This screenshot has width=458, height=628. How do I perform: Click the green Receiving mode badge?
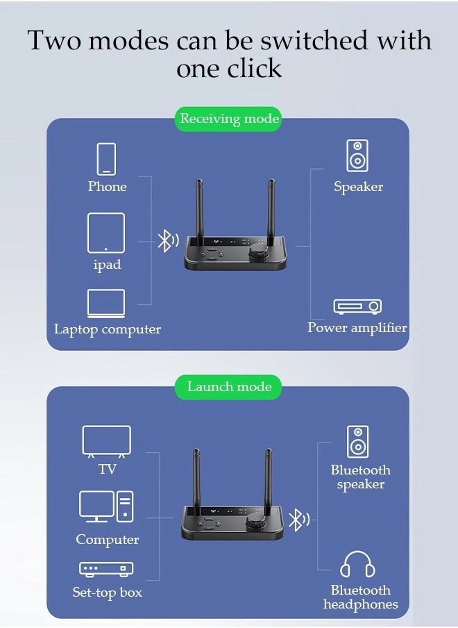pyautogui.click(x=229, y=119)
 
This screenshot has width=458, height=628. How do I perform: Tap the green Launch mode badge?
pyautogui.click(x=229, y=387)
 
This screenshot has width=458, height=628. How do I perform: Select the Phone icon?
pyautogui.click(x=106, y=158)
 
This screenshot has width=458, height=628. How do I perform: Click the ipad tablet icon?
pyautogui.click(x=106, y=233)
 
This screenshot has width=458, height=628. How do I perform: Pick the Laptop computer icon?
pyautogui.click(x=106, y=304)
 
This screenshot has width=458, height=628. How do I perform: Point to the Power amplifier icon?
pyautogui.click(x=357, y=306)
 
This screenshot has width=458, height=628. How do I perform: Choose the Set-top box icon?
pyautogui.click(x=106, y=569)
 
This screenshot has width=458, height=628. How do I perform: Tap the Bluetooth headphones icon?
pyautogui.click(x=358, y=564)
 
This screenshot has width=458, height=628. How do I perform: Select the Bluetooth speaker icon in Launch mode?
pyautogui.click(x=358, y=442)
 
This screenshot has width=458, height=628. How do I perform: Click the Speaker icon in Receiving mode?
pyautogui.click(x=357, y=156)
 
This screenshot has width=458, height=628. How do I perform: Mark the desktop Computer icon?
pyautogui.click(x=106, y=506)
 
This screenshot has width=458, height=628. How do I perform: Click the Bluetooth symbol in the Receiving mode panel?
pyautogui.click(x=167, y=241)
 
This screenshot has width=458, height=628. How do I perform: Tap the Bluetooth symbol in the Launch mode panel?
pyautogui.click(x=298, y=520)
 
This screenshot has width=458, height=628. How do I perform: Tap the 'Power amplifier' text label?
pyautogui.click(x=357, y=328)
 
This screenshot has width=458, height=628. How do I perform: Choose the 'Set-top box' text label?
pyautogui.click(x=108, y=593)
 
